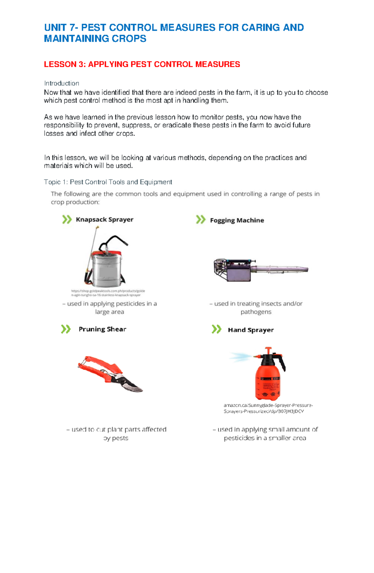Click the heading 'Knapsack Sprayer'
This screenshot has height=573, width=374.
pyautogui.click(x=104, y=220)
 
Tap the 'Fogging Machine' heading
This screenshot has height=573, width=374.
pyautogui.click(x=237, y=220)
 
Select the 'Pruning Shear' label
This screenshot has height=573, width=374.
pyautogui.click(x=102, y=329)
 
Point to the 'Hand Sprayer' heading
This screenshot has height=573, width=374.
pyautogui.click(x=251, y=330)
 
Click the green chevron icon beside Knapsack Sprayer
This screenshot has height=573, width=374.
pyautogui.click(x=67, y=220)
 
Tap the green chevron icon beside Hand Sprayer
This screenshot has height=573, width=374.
pyautogui.click(x=216, y=329)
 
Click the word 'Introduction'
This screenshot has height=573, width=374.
pyautogui.click(x=61, y=83)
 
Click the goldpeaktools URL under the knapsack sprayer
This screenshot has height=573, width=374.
pyautogui.click(x=108, y=293)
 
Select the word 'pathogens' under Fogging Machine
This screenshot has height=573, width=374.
pyautogui.click(x=256, y=312)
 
